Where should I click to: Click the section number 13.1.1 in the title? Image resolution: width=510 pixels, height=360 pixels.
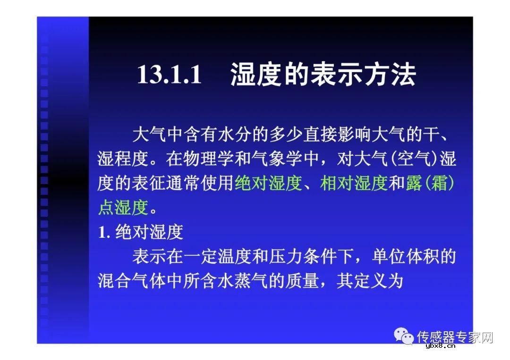169,75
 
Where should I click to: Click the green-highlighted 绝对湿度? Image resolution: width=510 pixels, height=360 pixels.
268,183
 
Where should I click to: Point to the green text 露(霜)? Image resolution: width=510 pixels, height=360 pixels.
430,183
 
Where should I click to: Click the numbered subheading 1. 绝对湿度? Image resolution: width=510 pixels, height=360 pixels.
140,232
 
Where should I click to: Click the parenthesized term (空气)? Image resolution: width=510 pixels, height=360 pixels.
415,159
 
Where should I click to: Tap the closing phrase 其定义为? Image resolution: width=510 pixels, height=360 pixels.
370,281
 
